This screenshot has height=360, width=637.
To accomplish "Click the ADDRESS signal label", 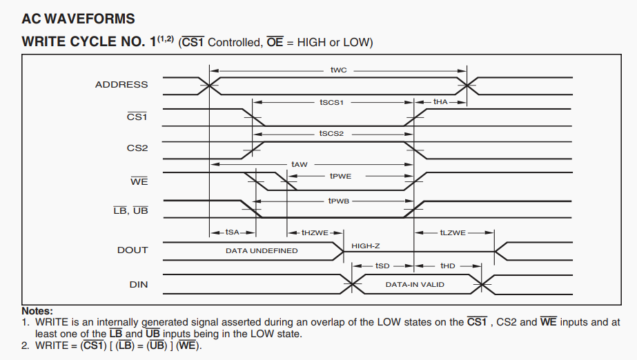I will click(x=121, y=85).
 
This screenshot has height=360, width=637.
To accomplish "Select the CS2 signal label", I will click(x=137, y=148).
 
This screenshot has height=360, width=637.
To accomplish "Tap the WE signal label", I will click(x=139, y=181).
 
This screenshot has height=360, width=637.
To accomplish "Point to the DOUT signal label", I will click(x=133, y=250).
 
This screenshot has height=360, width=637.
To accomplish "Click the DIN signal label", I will click(x=139, y=284).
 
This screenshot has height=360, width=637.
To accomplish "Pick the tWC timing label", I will click(x=338, y=70).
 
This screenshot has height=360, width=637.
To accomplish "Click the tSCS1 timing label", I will click(x=331, y=102).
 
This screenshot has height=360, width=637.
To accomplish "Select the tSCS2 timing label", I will click(x=331, y=133).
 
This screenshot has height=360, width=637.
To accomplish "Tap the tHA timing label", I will click(x=440, y=102).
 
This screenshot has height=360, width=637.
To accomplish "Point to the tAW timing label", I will click(x=300, y=164).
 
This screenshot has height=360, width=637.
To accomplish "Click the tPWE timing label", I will click(x=340, y=176).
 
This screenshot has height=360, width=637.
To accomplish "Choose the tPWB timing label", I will click(x=338, y=201).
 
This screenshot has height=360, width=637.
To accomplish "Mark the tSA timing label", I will click(x=233, y=232).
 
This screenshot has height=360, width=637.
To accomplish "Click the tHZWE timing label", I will click(x=315, y=232).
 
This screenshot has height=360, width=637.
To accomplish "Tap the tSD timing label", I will click(x=382, y=266).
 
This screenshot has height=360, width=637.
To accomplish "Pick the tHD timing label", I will click(x=448, y=266).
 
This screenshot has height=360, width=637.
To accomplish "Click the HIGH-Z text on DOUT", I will click(x=366, y=246).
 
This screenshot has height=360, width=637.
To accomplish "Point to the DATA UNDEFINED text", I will click(x=262, y=250).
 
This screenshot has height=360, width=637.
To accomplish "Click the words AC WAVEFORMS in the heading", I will click(x=79, y=19).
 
